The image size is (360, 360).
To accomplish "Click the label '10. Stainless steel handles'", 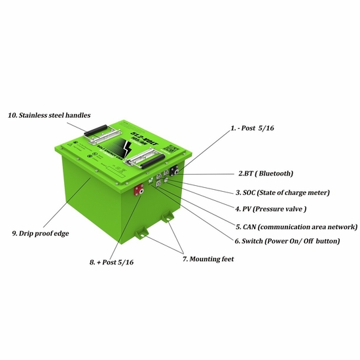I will point(45,115).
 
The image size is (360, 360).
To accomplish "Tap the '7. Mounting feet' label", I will point(208,259).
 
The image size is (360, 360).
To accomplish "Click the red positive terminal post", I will point(139,191).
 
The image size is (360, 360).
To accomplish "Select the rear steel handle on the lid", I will point(100,130).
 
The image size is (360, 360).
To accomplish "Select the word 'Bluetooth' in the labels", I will point(272,174).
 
